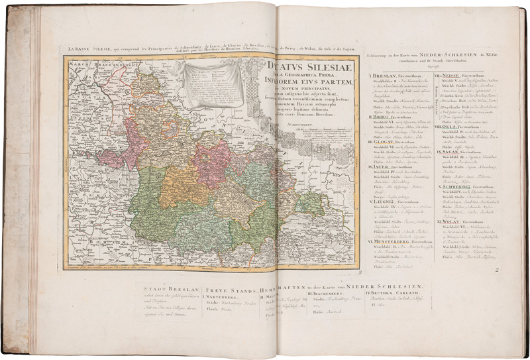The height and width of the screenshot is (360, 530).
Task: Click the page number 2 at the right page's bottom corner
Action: click(x=496, y=269)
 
